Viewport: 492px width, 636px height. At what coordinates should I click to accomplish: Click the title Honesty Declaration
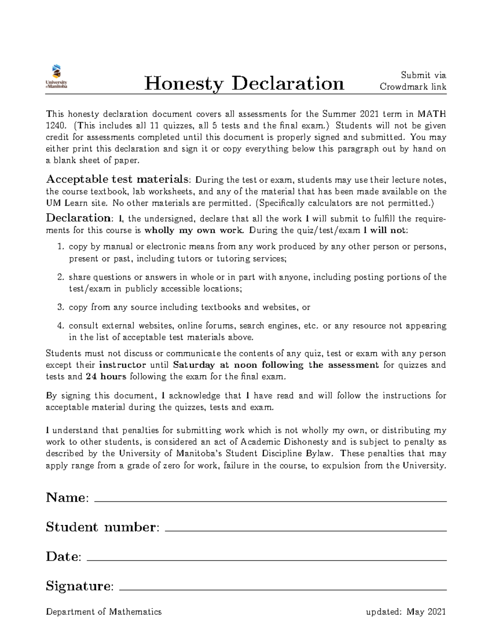pos(244,84)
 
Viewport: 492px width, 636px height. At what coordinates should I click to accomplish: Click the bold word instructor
pos(123,365)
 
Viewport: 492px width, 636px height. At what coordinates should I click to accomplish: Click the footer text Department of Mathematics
pos(104,612)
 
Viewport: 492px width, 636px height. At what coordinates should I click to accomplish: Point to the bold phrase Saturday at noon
pos(201,365)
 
